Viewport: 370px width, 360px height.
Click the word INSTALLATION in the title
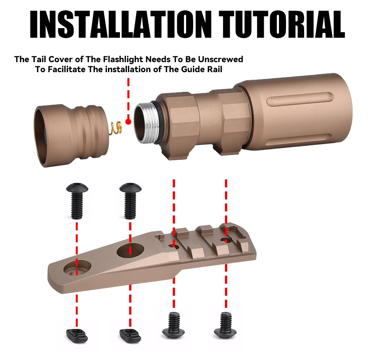point(121,24)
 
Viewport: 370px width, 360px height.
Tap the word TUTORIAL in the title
point(282,24)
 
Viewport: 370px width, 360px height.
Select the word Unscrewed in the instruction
point(221,59)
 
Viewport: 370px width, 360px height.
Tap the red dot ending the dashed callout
point(128,122)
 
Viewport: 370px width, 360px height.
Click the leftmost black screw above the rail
point(77,201)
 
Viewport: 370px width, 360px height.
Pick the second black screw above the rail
point(130,201)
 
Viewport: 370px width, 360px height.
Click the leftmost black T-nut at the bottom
point(77,336)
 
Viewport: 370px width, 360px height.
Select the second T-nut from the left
point(130,336)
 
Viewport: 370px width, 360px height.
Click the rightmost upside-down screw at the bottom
point(225,325)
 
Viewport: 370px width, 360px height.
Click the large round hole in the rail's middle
point(131,250)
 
